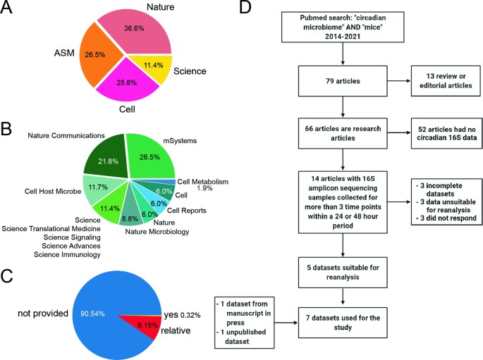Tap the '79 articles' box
point(343,82)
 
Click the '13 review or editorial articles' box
point(440,82)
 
